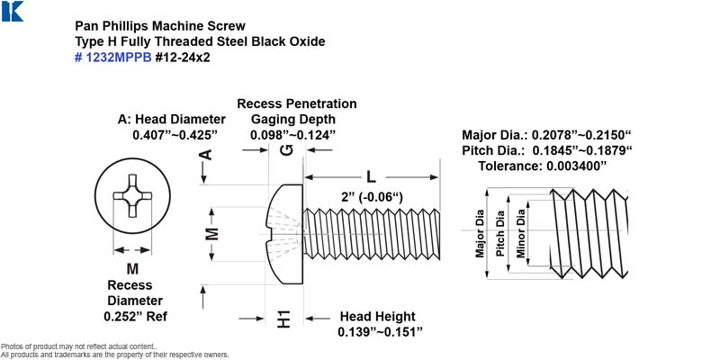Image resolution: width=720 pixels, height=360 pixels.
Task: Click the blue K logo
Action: click(12, 11)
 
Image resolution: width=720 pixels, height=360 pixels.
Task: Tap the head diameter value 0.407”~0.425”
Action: click(175, 136)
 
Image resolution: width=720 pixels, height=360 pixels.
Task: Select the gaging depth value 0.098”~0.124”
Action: click(293, 136)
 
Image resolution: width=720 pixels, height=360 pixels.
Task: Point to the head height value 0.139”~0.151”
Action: click(380, 332)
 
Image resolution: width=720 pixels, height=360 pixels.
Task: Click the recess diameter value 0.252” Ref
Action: click(136, 317)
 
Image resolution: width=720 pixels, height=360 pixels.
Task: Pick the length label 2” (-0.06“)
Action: click(372, 197)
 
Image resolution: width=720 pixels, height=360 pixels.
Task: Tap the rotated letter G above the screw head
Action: click(286, 150)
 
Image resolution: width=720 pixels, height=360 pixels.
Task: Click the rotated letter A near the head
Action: click(207, 154)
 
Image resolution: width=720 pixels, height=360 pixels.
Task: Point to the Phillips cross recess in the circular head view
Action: click(132, 195)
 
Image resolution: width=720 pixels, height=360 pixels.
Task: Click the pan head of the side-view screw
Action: click(284, 234)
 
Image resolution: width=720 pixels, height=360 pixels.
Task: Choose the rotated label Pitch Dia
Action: click(500, 233)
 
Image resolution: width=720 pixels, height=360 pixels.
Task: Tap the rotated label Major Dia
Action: click(480, 233)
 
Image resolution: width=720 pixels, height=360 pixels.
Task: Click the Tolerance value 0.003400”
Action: click(543, 166)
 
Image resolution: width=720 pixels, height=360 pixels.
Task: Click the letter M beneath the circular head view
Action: click(132, 268)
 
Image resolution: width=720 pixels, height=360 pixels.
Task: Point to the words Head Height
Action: click(377, 317)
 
